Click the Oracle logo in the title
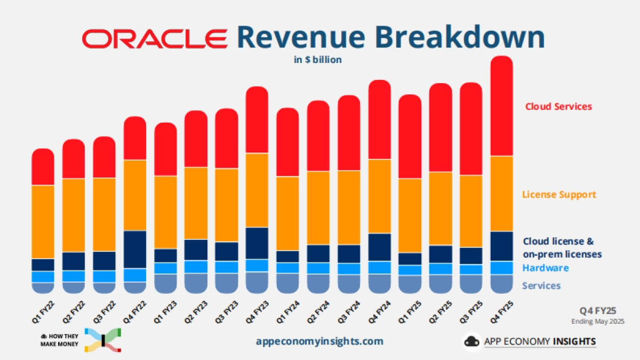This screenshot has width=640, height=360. click(x=155, y=39)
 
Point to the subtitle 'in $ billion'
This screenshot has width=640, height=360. click(x=318, y=60)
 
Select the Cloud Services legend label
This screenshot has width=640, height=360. click(x=558, y=106)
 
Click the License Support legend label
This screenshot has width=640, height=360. click(x=559, y=194)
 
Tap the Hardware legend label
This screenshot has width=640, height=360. click(x=546, y=268)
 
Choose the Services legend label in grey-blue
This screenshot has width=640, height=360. click(x=541, y=285)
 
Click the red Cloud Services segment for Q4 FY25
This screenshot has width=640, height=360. click(x=501, y=107)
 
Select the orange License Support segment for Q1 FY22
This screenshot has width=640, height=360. click(x=43, y=221)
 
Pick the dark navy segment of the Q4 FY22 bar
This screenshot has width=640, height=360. click(x=135, y=249)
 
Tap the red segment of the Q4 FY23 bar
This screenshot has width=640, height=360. click(x=257, y=120)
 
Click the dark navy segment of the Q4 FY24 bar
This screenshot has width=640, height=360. click(x=380, y=247)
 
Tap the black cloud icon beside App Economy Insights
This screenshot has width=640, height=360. click(x=471, y=341)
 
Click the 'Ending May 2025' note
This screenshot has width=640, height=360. click(x=598, y=322)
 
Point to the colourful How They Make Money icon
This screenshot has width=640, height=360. click(x=103, y=340)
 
